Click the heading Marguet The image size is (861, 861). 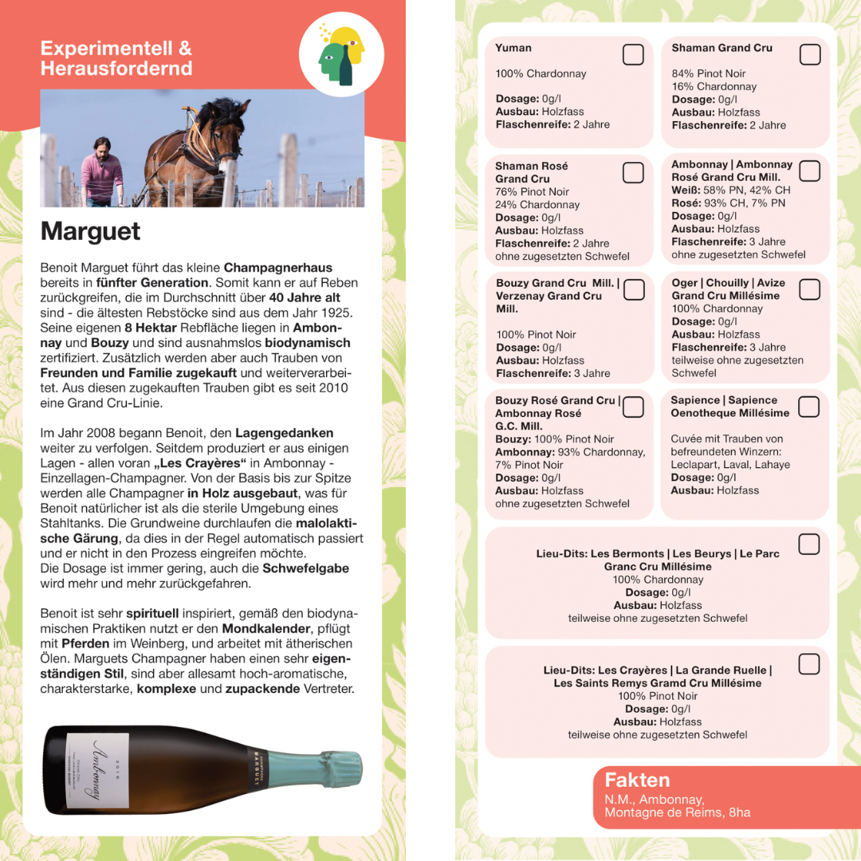point(90,231)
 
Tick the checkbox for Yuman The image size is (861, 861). point(633,54)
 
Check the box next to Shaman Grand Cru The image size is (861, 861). point(810,54)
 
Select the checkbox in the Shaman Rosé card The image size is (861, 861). point(633,172)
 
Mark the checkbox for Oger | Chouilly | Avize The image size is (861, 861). point(809,289)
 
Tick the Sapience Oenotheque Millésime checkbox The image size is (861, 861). point(808,407)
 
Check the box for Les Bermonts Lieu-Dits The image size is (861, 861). point(809,545)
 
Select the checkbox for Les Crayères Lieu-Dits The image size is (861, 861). point(809,663)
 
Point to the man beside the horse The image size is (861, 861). point(103,172)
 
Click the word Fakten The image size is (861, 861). point(637,780)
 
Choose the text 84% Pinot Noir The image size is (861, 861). point(709,73)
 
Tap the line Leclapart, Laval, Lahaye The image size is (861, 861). point(730,465)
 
